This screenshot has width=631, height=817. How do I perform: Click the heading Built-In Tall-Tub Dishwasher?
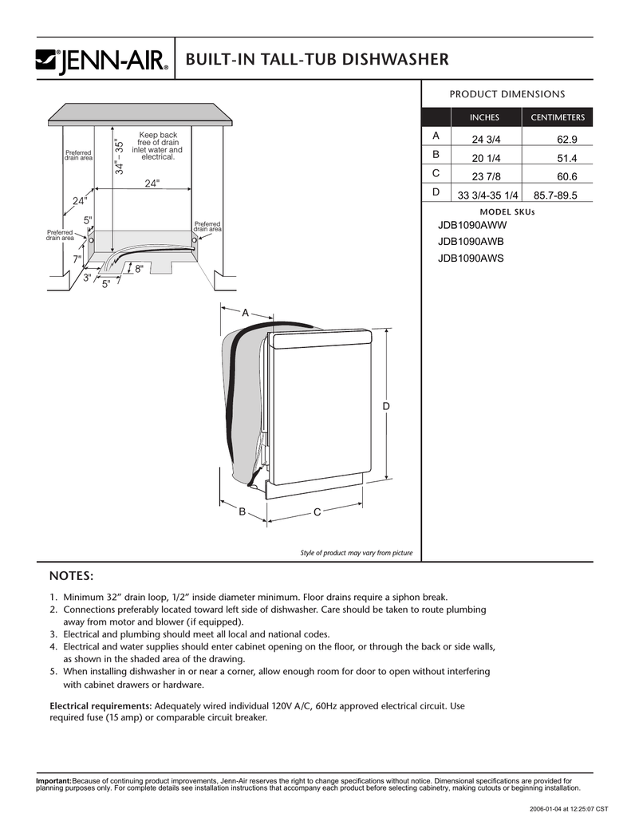click(x=317, y=60)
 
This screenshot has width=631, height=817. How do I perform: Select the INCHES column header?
click(x=484, y=117)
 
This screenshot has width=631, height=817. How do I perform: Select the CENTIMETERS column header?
click(x=558, y=117)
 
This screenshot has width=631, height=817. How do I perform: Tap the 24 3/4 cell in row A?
click(x=485, y=140)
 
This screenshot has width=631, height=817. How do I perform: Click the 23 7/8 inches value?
click(x=485, y=176)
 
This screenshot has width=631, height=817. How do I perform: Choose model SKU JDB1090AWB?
click(x=471, y=242)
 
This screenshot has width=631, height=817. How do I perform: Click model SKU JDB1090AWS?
click(x=471, y=258)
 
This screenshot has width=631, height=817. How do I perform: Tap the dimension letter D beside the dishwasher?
click(x=386, y=407)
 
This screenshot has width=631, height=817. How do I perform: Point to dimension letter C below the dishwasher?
click(x=317, y=511)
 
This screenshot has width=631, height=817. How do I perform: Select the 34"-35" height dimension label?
click(x=120, y=156)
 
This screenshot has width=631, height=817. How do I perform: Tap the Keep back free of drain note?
click(x=158, y=146)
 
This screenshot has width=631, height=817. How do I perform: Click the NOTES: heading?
click(x=72, y=576)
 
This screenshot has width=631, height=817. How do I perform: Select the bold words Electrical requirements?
click(x=101, y=706)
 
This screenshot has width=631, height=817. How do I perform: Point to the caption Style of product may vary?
click(x=356, y=553)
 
